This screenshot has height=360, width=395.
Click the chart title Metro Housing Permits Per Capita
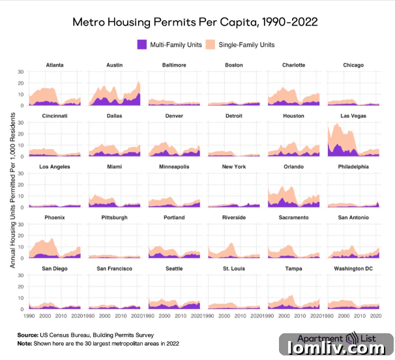coord(195,22)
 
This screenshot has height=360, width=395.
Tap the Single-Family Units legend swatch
coord(211,45)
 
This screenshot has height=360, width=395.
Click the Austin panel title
coord(114,65)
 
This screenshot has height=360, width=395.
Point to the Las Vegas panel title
coord(353,116)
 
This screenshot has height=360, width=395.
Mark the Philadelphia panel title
coord(353,167)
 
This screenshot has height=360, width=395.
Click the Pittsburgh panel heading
coord(114,218)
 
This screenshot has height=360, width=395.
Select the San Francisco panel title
coord(114,269)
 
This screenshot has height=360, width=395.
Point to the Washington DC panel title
coord(353,269)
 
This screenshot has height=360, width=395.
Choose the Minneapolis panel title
coord(174,167)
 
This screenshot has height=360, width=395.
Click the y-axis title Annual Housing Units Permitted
coord(13,189)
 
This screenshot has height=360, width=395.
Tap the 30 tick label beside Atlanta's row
coord(21,72)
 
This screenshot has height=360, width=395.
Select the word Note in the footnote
coord(24,343)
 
